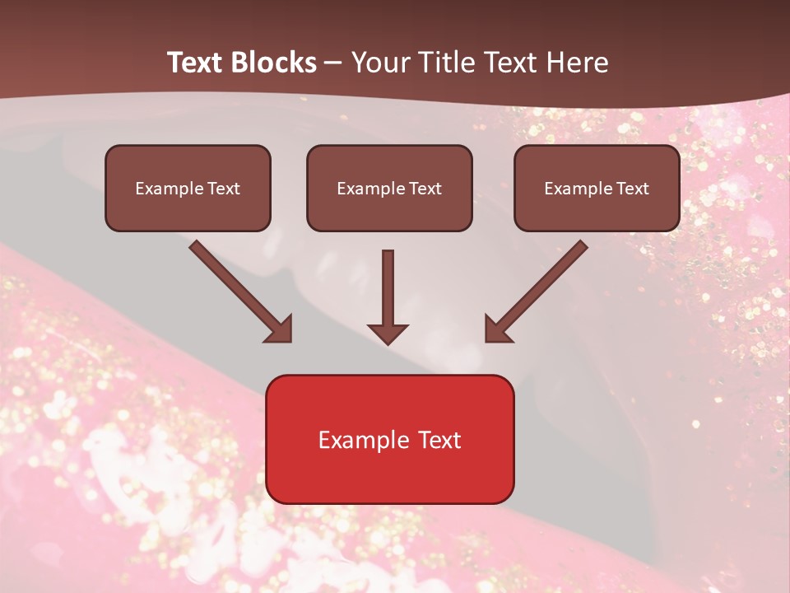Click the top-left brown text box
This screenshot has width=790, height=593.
188,188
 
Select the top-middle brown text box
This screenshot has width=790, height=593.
389,188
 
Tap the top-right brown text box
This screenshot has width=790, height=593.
597,188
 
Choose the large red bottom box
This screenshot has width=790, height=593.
389,439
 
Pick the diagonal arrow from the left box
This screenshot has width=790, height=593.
235,285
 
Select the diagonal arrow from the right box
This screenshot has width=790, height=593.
543,285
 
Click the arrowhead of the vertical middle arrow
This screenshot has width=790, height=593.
388,332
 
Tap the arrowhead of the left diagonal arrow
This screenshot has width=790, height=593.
280,329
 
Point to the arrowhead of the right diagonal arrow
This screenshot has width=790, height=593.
497,329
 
